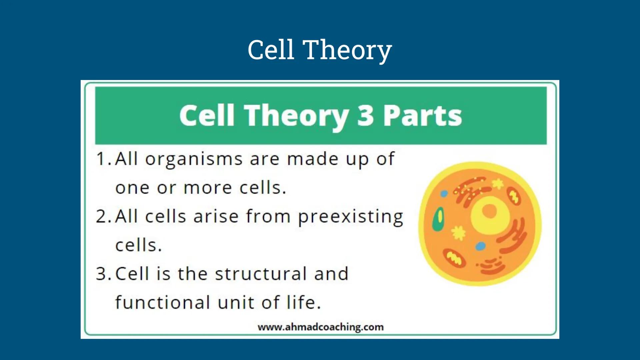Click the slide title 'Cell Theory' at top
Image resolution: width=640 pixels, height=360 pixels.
[319, 50]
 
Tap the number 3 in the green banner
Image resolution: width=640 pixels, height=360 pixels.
[365, 115]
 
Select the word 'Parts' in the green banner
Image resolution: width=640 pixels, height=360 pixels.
[422, 115]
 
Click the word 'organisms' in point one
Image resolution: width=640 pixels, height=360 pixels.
[193, 159]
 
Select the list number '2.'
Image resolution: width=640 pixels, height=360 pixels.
[103, 217]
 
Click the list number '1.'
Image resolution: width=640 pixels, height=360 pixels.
[103, 159]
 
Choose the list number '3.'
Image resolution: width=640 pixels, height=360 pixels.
[103, 274]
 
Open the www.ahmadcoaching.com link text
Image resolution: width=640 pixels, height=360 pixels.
[320, 327]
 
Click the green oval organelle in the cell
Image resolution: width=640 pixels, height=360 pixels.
[438, 219]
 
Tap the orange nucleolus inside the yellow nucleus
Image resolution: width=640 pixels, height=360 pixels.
[489, 211]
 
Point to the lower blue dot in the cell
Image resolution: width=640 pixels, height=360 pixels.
[480, 246]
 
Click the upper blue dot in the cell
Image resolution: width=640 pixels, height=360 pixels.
[444, 194]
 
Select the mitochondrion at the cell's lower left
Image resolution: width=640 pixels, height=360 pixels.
[454, 258]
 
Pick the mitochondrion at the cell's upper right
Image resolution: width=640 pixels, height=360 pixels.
[514, 196]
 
